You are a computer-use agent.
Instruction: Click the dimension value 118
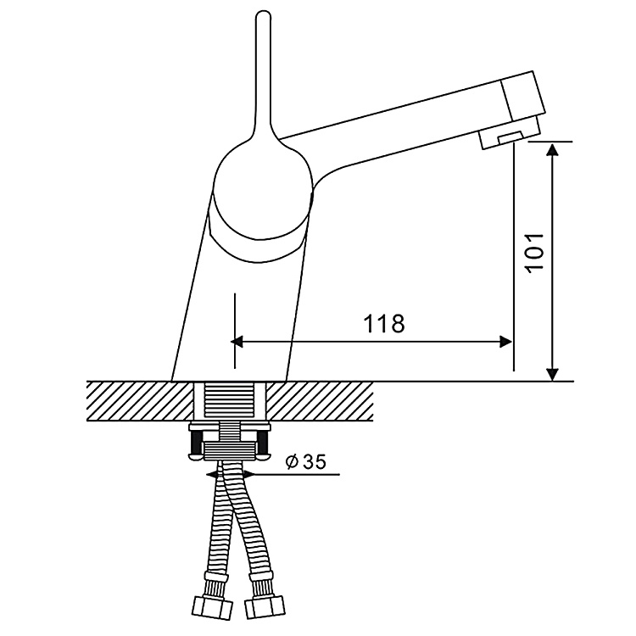coord(384,323)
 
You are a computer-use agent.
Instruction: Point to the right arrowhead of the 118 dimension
coord(506,342)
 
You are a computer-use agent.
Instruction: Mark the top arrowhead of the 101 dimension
coord(553,149)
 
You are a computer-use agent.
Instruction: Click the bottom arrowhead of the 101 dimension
coord(553,374)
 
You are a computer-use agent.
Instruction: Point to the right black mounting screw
coord(265,442)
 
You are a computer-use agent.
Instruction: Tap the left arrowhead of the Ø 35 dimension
coord(211,474)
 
